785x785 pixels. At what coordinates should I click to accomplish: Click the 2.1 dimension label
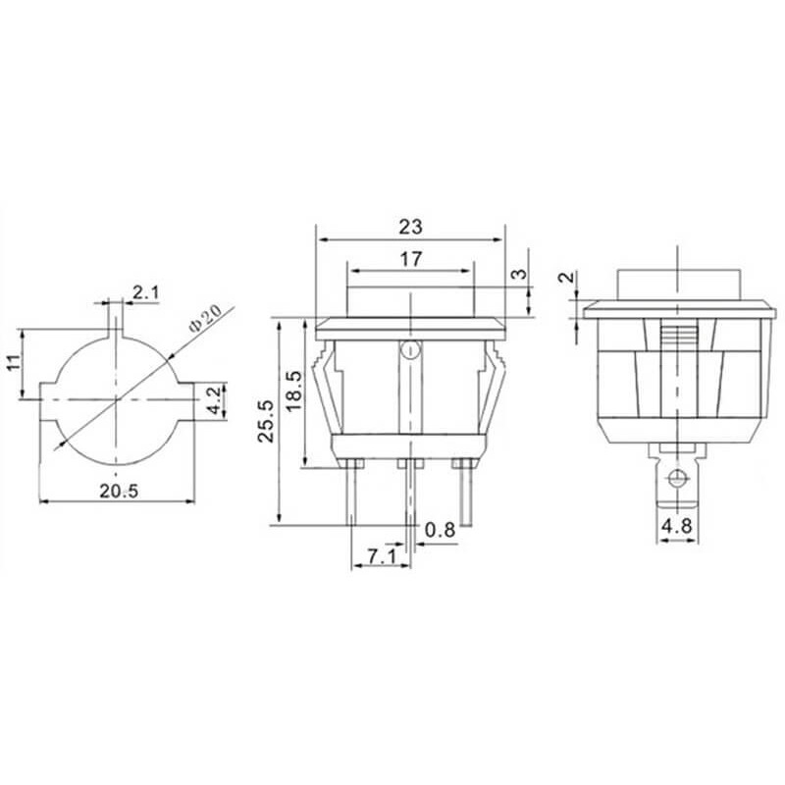pos(146,291)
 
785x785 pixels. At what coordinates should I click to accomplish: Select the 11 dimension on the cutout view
pos(13,363)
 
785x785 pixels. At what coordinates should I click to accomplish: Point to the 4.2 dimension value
pos(213,400)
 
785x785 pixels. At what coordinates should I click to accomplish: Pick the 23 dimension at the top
pos(410,227)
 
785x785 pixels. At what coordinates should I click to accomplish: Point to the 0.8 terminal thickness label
pos(441,530)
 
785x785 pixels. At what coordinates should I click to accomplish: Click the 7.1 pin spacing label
pos(381,556)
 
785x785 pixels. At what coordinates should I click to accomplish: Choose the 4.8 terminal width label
pos(676,526)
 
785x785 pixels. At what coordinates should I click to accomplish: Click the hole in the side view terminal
pos(676,479)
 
